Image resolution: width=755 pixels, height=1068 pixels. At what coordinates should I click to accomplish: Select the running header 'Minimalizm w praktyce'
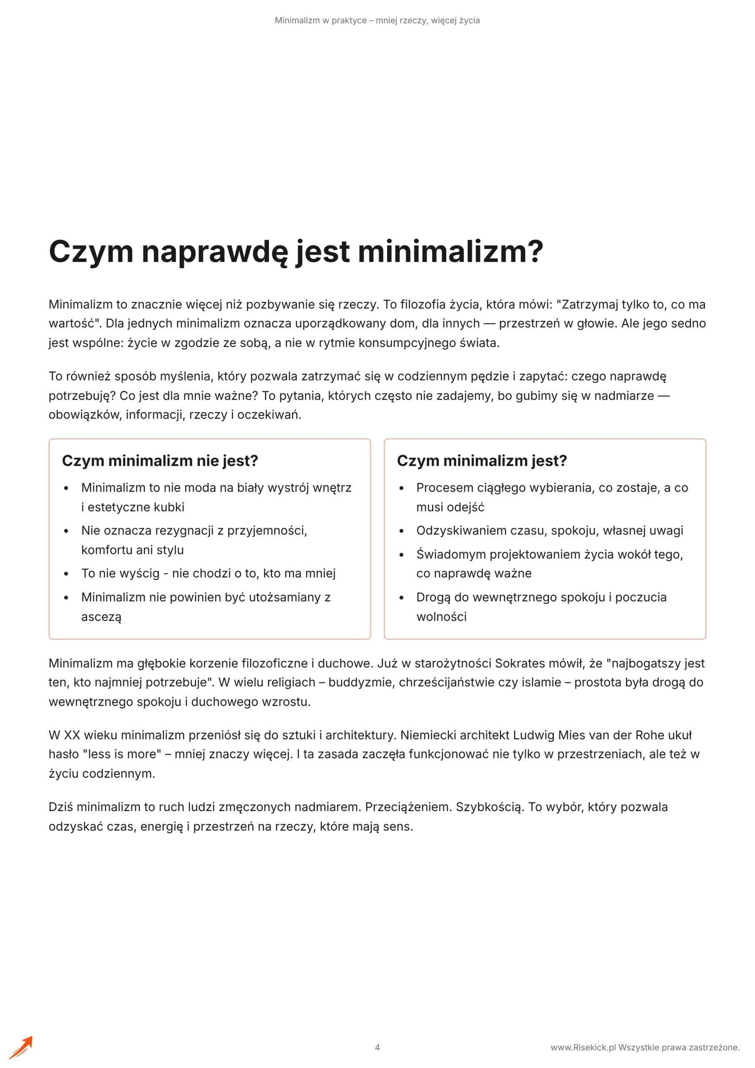320,20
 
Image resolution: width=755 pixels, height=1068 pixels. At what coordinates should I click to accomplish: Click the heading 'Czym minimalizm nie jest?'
160,461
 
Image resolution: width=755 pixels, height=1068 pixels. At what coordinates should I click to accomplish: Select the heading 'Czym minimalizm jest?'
482,461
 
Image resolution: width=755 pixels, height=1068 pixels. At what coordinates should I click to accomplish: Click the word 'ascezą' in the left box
101,617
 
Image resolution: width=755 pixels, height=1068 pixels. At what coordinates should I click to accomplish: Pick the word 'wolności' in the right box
441,617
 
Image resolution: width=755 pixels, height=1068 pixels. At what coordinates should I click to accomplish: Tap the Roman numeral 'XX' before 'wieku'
72,735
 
